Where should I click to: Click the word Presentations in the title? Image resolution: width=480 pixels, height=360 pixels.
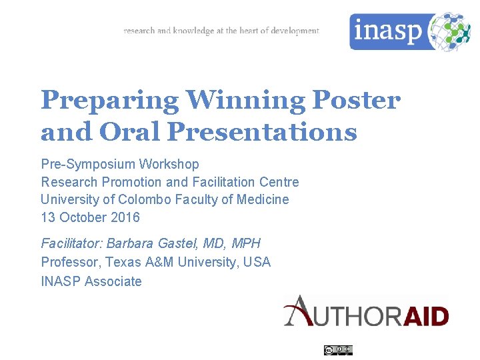[262, 132]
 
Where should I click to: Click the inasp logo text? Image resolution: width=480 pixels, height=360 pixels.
[388, 31]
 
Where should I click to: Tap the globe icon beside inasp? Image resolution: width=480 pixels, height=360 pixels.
[450, 31]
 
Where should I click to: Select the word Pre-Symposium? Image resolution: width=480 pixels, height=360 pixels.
[86, 164]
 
